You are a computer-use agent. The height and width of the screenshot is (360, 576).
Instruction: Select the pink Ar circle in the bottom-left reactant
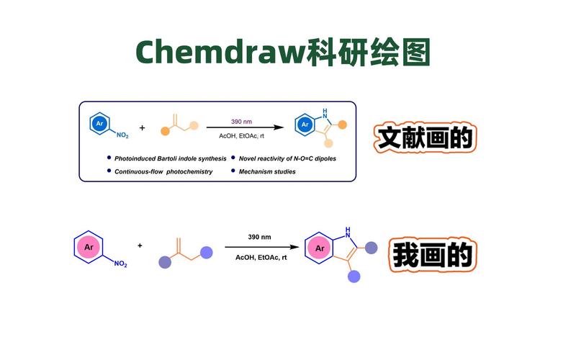pos(89,248)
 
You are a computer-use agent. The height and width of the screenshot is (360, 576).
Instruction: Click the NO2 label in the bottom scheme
pos(120,265)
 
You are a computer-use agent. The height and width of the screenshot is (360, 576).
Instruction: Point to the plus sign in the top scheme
pos(142,127)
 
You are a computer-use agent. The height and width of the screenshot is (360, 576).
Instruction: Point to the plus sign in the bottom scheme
pos(140,246)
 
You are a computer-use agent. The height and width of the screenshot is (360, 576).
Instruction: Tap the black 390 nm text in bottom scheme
pos(259,236)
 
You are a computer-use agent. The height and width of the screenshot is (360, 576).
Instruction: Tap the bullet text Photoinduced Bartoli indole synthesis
pos(171,158)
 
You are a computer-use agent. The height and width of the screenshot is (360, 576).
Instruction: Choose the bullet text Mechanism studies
pos(267,171)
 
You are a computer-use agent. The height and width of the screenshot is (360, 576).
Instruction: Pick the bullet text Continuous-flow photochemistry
pos(163,171)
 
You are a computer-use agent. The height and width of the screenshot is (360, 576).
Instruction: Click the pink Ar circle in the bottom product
pos(319,250)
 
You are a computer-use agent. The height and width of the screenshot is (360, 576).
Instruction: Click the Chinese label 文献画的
pos(423,138)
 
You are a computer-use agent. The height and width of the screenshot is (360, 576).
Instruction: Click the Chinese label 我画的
pos(432,255)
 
